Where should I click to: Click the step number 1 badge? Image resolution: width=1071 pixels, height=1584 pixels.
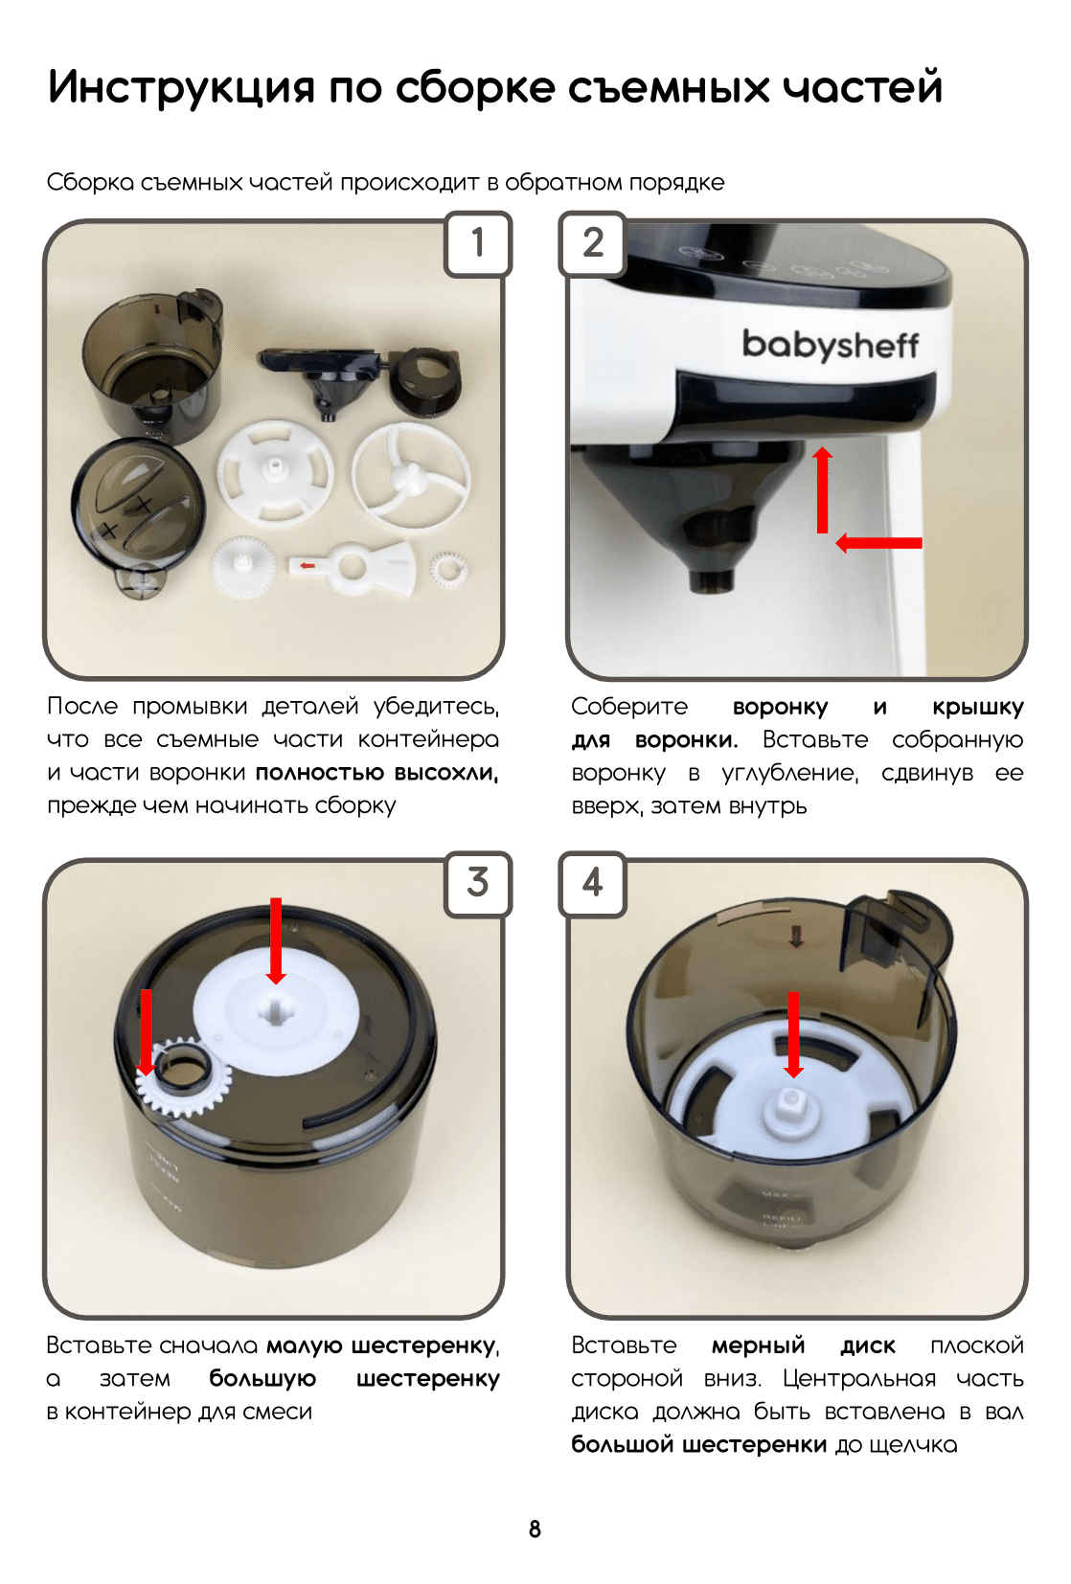pyautogui.click(x=478, y=243)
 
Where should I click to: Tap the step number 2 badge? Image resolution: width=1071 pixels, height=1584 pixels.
pyautogui.click(x=593, y=243)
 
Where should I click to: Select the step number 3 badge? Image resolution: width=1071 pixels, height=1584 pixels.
pyautogui.click(x=478, y=883)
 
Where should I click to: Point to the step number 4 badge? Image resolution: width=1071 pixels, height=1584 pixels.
pyautogui.click(x=593, y=883)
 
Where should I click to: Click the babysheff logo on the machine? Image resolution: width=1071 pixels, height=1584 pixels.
pyautogui.click(x=830, y=346)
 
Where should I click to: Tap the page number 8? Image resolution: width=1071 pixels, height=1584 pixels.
pyautogui.click(x=535, y=1529)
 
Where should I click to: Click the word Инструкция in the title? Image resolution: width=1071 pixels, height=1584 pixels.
pyautogui.click(x=181, y=88)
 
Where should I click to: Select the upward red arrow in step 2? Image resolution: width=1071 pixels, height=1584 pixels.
pyautogui.click(x=822, y=489)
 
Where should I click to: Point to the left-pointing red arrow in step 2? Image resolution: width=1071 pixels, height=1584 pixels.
pyautogui.click(x=878, y=543)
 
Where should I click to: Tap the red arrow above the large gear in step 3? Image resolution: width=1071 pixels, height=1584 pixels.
pyautogui.click(x=276, y=940)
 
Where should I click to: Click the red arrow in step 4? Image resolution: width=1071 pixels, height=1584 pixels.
pyautogui.click(x=794, y=1034)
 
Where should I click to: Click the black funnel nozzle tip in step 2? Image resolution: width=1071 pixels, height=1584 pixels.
pyautogui.click(x=712, y=580)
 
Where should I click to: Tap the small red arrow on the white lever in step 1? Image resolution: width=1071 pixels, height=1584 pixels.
pyautogui.click(x=307, y=565)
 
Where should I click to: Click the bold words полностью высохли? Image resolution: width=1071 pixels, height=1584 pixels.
pyautogui.click(x=377, y=773)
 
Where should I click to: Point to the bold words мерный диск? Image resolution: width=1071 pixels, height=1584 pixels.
pyautogui.click(x=804, y=1346)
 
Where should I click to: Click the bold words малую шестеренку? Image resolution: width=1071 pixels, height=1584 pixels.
pyautogui.click(x=382, y=1346)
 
